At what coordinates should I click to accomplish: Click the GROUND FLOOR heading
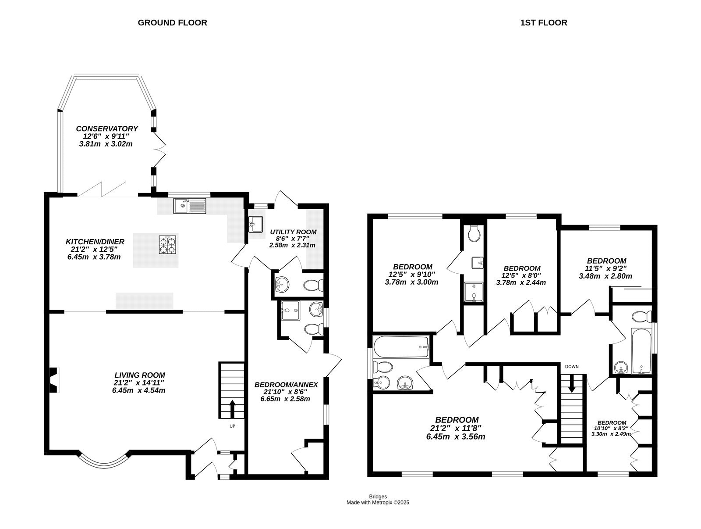pos(172,22)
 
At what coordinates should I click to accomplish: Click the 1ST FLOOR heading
pos(543,22)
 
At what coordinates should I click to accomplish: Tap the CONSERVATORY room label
pos(107,129)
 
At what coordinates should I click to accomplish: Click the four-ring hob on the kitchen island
pos(167,245)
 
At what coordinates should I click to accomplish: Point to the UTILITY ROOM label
pos(293,232)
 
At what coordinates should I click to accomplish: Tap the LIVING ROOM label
pos(139,375)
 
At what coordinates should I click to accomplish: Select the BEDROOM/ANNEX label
pos(286,385)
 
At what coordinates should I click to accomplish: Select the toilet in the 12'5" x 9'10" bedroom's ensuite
pos(474,234)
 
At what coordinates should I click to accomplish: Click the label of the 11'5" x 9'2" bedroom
pos(606,261)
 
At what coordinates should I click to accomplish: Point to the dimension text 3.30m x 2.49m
pos(612,434)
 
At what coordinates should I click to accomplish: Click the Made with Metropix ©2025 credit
pos(378,503)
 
